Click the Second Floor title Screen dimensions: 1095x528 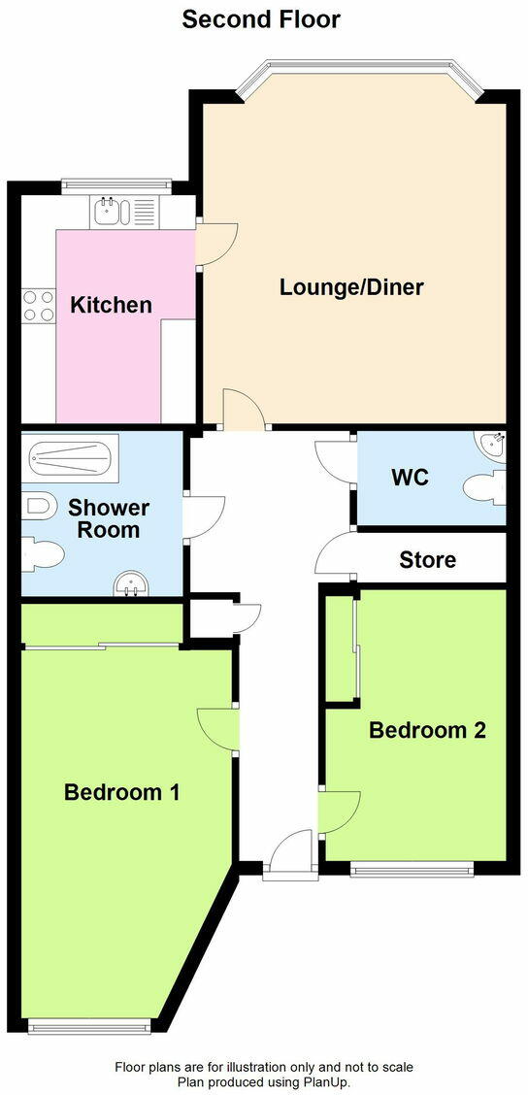point(261,18)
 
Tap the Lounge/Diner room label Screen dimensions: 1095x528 point(351,287)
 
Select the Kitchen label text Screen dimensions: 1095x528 point(111,305)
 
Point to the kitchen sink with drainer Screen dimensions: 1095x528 point(122,212)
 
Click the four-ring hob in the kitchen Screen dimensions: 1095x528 point(38,307)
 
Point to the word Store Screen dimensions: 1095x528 point(427,560)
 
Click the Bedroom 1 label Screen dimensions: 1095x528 point(121,792)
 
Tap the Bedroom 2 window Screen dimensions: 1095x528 point(412,869)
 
